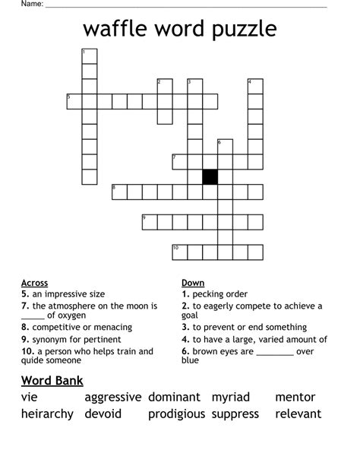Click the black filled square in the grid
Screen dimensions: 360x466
click(x=210, y=176)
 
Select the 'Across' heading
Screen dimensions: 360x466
click(x=35, y=283)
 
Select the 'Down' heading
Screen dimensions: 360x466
click(x=193, y=283)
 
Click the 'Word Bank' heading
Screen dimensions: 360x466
click(x=52, y=380)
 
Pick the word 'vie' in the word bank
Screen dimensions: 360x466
click(x=30, y=397)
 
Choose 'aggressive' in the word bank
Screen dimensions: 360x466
click(x=113, y=397)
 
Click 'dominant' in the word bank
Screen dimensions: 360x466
click(x=174, y=397)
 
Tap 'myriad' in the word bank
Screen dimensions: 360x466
click(x=231, y=397)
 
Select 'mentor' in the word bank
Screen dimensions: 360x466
click(x=295, y=397)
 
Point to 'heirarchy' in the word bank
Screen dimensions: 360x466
click(x=48, y=414)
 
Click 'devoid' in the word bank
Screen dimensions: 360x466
click(x=103, y=414)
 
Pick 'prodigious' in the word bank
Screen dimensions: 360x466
click(x=176, y=414)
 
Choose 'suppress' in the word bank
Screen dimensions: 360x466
click(x=235, y=414)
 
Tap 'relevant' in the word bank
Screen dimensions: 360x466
click(x=298, y=414)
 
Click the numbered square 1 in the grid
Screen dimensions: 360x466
click(x=90, y=55)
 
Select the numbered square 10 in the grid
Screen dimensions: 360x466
click(x=180, y=252)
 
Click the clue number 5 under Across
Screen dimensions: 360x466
click(x=25, y=294)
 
